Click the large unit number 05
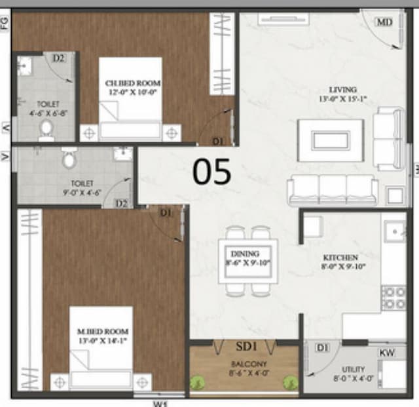coord(212,172)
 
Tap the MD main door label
coord(384,22)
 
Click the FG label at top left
coord(6,25)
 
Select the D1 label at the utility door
coord(321,348)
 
